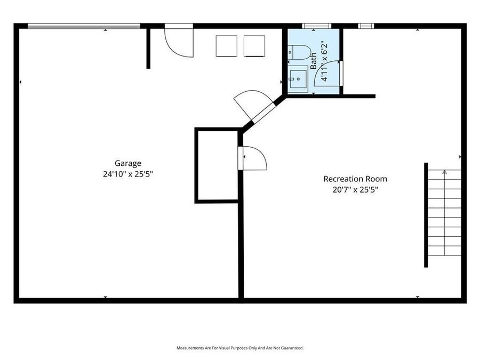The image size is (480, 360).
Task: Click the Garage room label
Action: tap(128, 164)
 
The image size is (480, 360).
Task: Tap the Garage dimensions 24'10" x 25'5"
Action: tap(128, 174)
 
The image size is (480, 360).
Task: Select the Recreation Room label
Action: tap(355, 179)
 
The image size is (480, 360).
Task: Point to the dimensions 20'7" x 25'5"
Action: tap(355, 189)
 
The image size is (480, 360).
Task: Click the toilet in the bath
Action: tap(299, 52)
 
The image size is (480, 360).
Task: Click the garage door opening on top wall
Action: tap(84, 26)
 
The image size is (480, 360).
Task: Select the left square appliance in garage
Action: tap(226, 46)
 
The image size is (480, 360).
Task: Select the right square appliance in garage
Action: tap(254, 46)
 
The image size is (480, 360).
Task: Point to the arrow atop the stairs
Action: tap(445, 172)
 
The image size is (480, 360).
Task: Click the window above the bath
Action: tap(317, 26)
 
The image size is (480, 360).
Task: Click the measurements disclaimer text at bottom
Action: tap(240, 348)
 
